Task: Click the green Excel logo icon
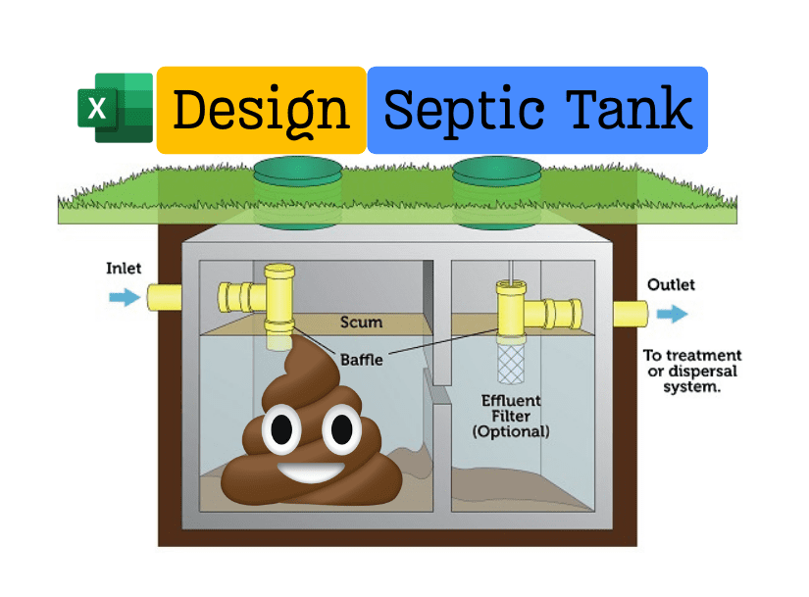[x=116, y=108]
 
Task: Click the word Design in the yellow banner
[x=261, y=110]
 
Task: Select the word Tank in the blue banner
[x=629, y=109]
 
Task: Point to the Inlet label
[x=124, y=268]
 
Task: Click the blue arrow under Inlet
[x=125, y=297]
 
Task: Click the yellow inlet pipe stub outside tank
[x=164, y=297]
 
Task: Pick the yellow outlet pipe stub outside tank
[x=630, y=314]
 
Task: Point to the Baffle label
[x=361, y=360]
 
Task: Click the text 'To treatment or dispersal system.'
[x=691, y=371]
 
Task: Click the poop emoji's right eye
[x=340, y=428]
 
